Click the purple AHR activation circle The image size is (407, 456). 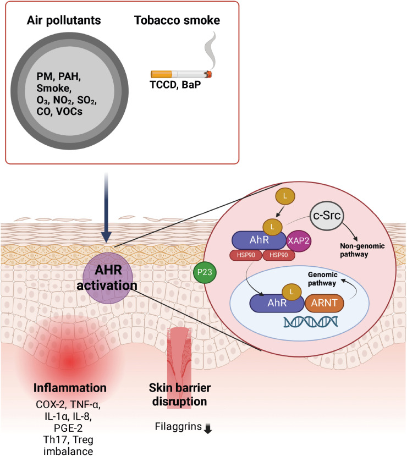coord(108,277)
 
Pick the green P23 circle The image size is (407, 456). coord(205,272)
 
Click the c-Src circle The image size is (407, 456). coord(326,212)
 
